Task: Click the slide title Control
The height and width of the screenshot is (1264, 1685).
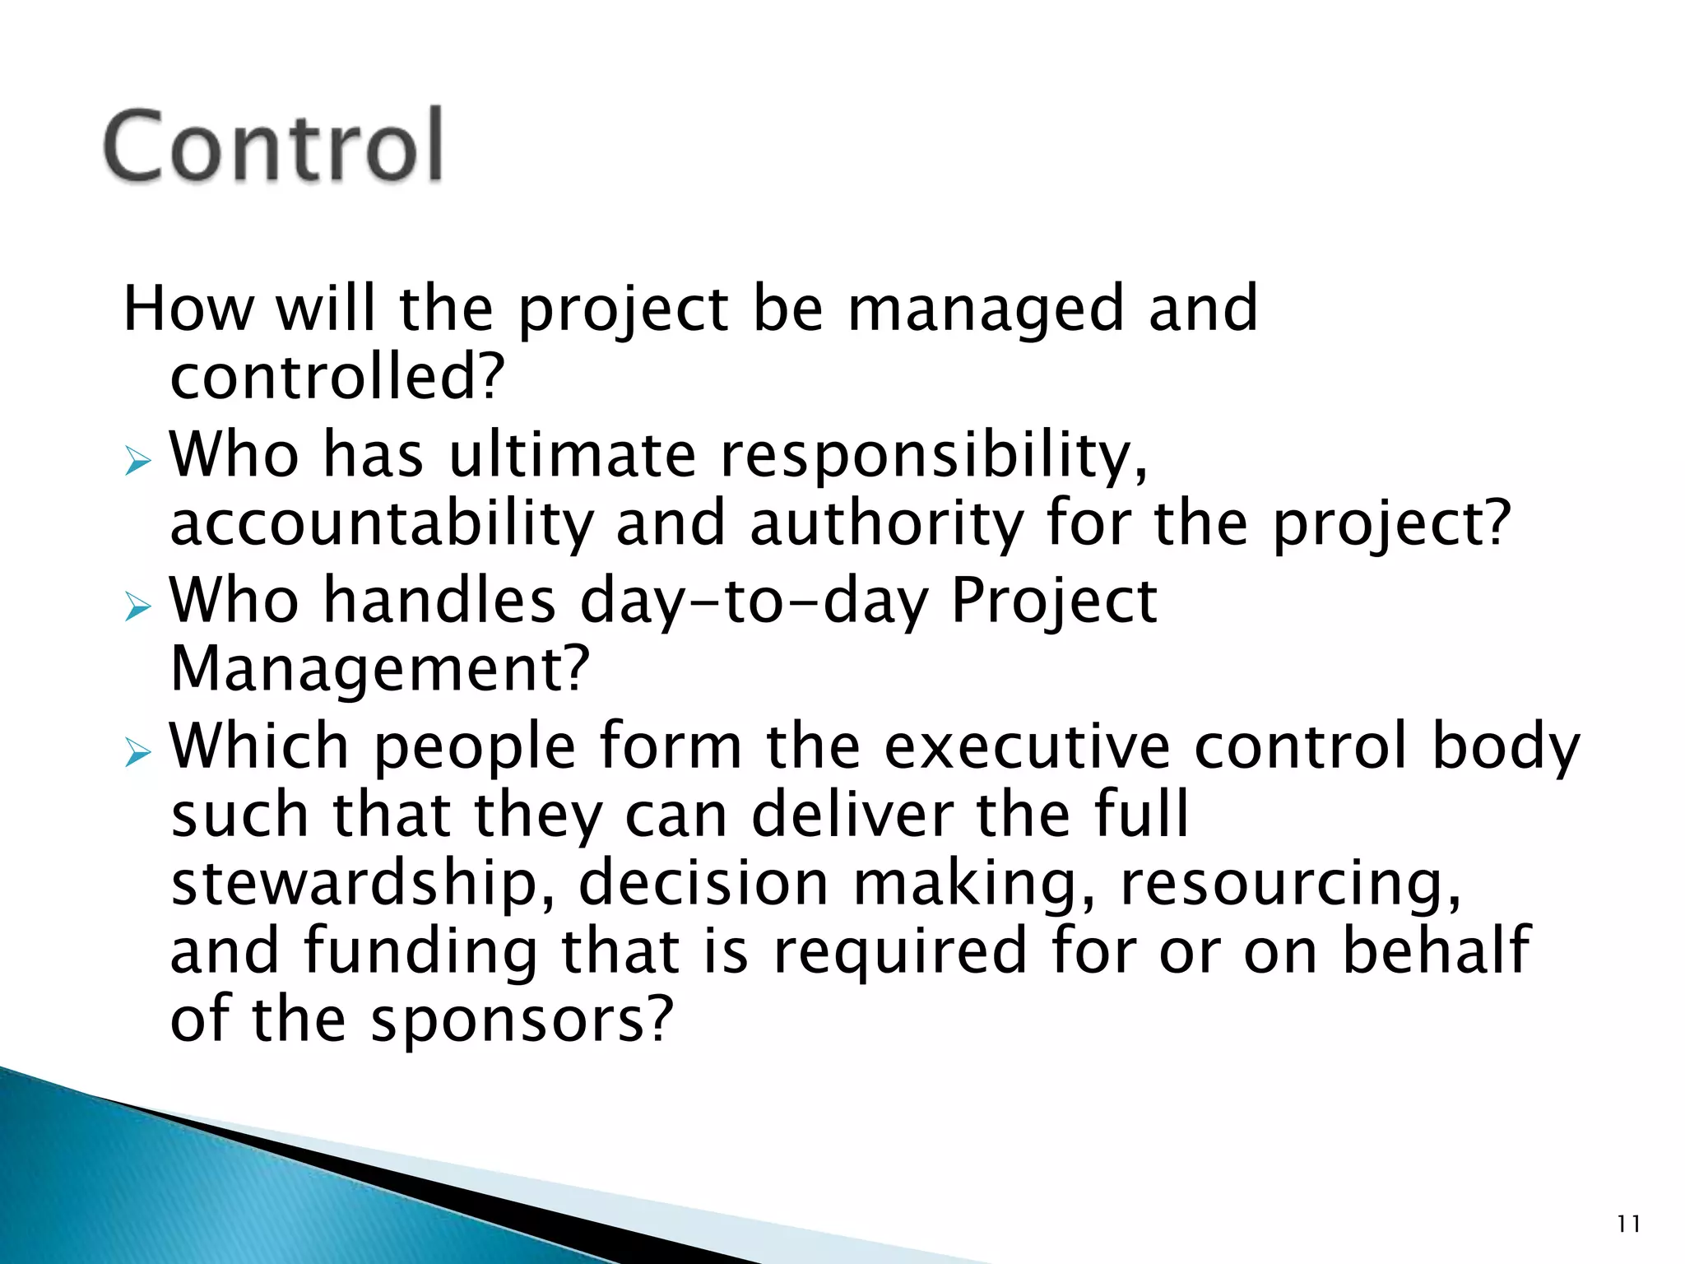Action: (x=273, y=146)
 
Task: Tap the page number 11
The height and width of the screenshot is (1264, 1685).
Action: (x=1628, y=1224)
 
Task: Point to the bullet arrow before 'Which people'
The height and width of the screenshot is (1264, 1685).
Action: (x=138, y=752)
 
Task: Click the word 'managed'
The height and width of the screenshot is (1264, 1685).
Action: (x=985, y=309)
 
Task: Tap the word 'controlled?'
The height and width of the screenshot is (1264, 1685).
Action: (x=336, y=378)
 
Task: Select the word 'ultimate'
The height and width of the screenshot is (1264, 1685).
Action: (x=573, y=455)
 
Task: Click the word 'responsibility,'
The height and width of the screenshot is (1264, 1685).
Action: (x=934, y=455)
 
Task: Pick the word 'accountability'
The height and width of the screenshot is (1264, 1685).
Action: (x=381, y=524)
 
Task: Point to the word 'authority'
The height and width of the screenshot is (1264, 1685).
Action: (x=887, y=524)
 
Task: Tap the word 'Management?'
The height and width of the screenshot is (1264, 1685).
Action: (x=380, y=669)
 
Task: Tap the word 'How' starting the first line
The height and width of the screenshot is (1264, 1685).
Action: (x=188, y=309)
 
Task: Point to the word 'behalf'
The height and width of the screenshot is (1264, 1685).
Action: (x=1436, y=950)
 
